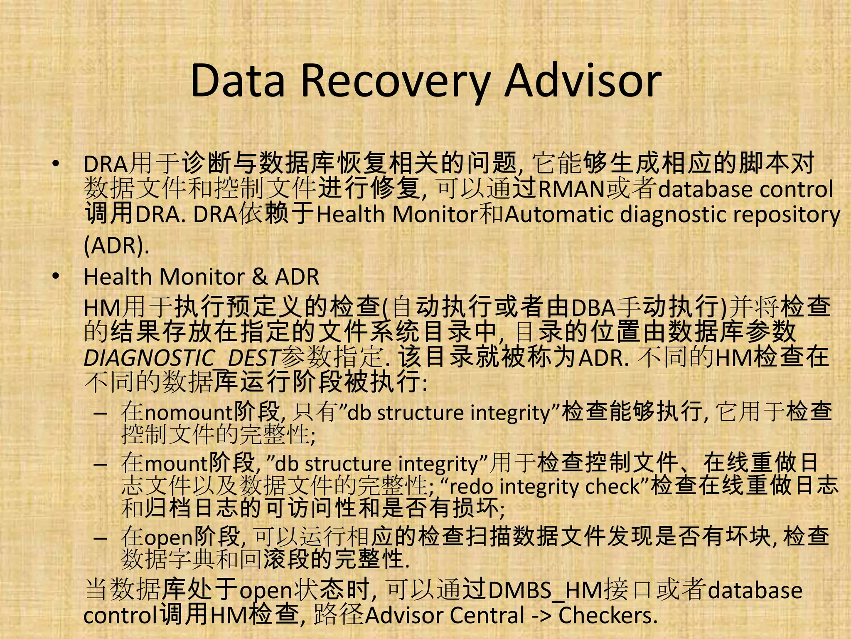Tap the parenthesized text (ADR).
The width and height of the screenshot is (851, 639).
click(x=116, y=245)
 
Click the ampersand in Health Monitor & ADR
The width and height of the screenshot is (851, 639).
click(x=260, y=277)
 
